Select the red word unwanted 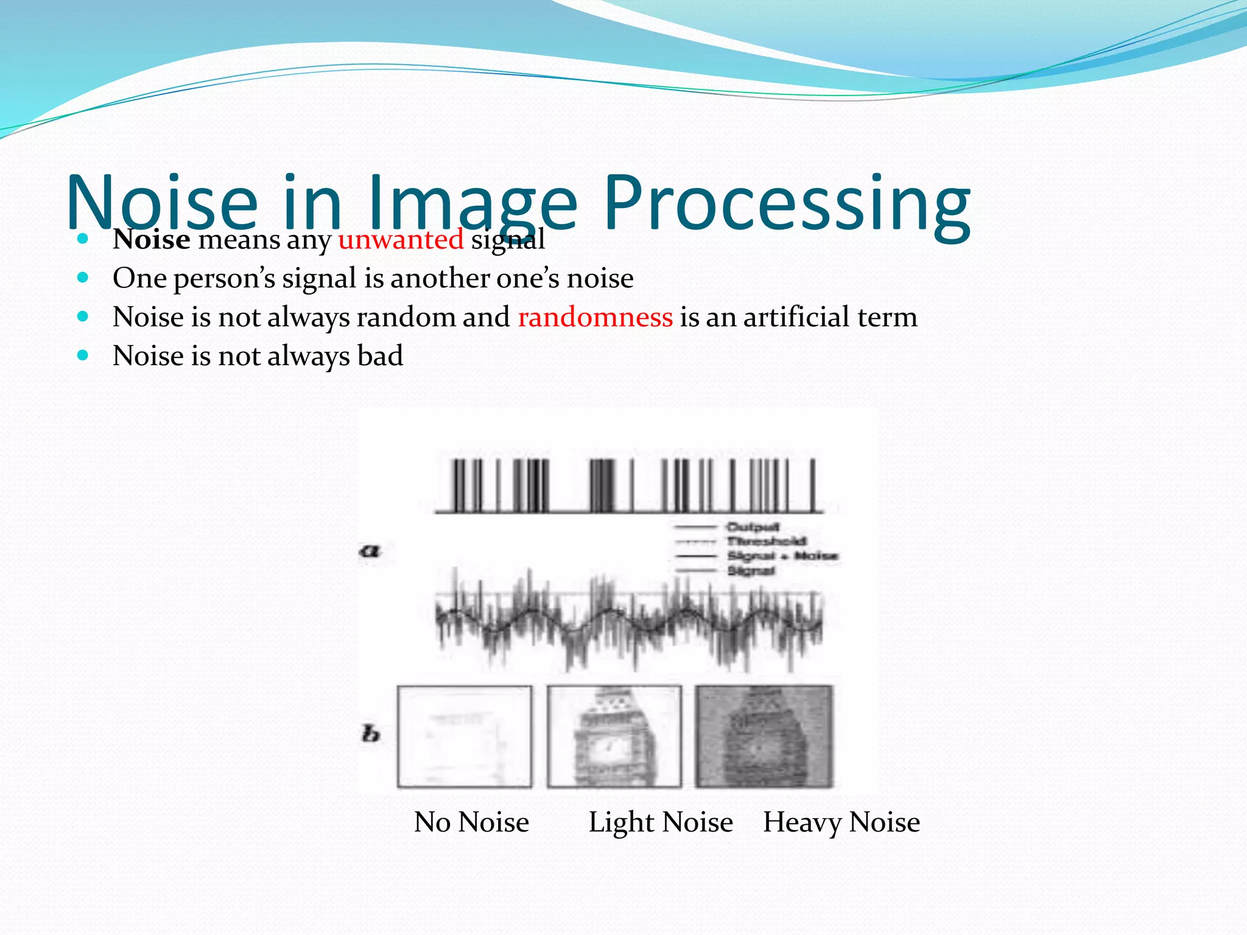tap(401, 239)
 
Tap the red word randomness tap(595, 317)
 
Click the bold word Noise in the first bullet tap(152, 239)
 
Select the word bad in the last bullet tap(380, 356)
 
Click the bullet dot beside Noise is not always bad tap(83, 355)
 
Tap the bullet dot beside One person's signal tap(83, 278)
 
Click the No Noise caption tap(471, 822)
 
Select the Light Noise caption tap(661, 822)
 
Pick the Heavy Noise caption tap(841, 822)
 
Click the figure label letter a tap(369, 552)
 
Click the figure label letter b tap(370, 734)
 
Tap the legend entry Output tap(753, 527)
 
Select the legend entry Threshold tap(767, 541)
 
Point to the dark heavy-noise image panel tap(764, 737)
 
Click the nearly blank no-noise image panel tap(464, 737)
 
